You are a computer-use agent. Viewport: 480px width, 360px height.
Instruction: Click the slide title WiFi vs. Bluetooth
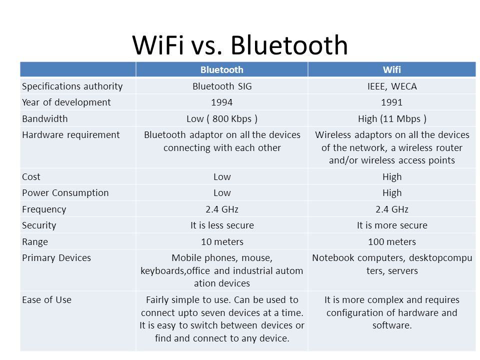240,45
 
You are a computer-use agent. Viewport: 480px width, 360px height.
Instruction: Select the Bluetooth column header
222,70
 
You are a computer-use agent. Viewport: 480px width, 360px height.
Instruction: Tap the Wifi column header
392,70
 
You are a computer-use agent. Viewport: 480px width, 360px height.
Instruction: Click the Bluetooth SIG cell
222,86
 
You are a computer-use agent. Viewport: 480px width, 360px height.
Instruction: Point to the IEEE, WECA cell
392,86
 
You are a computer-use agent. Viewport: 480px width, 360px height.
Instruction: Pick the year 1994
222,102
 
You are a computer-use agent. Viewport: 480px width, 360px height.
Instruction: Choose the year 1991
392,102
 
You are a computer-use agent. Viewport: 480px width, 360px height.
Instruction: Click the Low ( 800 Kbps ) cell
222,119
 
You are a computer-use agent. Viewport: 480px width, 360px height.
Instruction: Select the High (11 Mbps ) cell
392,119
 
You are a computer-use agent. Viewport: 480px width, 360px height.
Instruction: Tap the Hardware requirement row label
70,135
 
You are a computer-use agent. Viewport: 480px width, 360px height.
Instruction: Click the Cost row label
31,177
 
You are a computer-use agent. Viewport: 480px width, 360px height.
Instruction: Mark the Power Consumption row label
65,193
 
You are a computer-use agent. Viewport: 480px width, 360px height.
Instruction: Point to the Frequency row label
44,209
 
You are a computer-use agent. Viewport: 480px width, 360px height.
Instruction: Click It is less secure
222,225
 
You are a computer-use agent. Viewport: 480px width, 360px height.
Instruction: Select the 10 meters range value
222,242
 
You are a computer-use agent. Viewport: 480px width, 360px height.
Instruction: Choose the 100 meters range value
392,242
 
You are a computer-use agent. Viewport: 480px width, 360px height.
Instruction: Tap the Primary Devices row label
56,258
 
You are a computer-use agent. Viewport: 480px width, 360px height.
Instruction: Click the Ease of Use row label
46,299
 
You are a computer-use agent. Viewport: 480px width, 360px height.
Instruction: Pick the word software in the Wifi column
390,325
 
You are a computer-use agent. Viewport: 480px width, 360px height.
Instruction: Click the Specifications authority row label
72,86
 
